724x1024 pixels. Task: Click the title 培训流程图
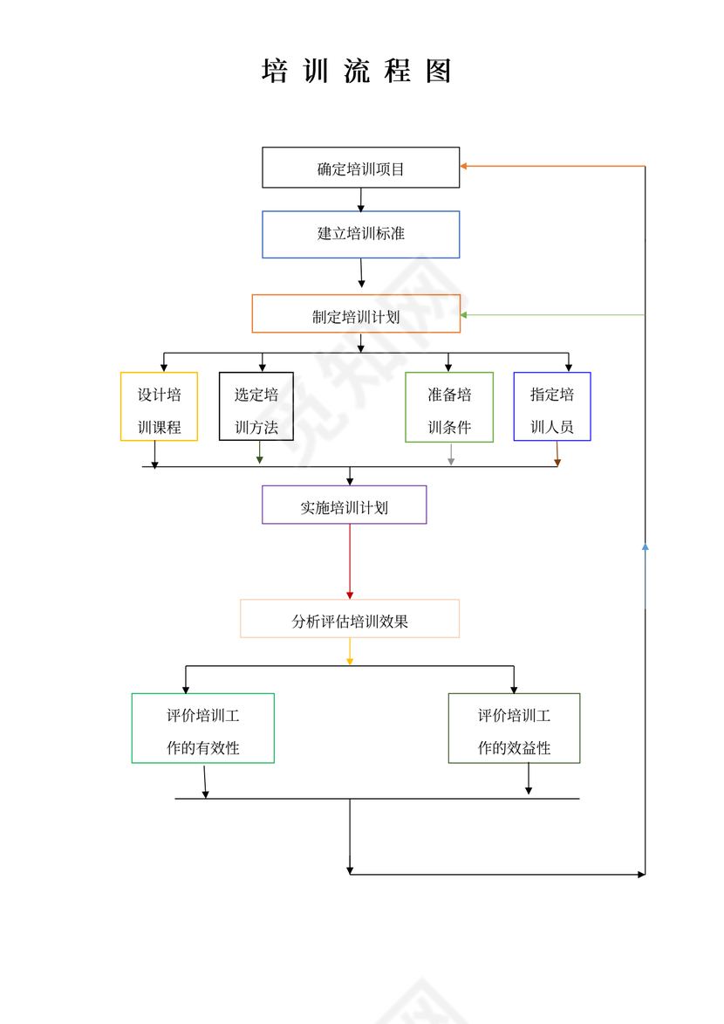(x=357, y=72)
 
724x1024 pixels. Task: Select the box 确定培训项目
(x=360, y=168)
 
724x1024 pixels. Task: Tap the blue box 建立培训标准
(x=360, y=234)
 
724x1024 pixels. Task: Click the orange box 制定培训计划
(x=356, y=314)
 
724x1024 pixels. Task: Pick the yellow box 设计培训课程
(x=159, y=407)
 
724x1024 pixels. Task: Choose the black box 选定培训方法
(x=256, y=407)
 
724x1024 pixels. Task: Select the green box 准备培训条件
(x=448, y=407)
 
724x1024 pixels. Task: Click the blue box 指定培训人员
(x=551, y=407)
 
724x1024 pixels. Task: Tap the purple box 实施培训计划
(x=344, y=505)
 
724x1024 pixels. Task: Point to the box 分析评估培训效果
(x=349, y=619)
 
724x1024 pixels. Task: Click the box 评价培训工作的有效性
(x=202, y=729)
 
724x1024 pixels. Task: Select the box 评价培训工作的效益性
(x=514, y=729)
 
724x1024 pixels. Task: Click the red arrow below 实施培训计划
(x=350, y=562)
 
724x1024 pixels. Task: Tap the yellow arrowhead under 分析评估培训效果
(x=350, y=662)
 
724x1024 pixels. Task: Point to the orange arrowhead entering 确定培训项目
(x=465, y=166)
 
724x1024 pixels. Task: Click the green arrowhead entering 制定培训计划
(x=465, y=314)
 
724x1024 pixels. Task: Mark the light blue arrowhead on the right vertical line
(x=645, y=546)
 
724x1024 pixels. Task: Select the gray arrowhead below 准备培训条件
(x=451, y=461)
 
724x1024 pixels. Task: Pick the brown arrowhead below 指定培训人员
(x=557, y=461)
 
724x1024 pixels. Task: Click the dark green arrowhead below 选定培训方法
(x=260, y=459)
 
